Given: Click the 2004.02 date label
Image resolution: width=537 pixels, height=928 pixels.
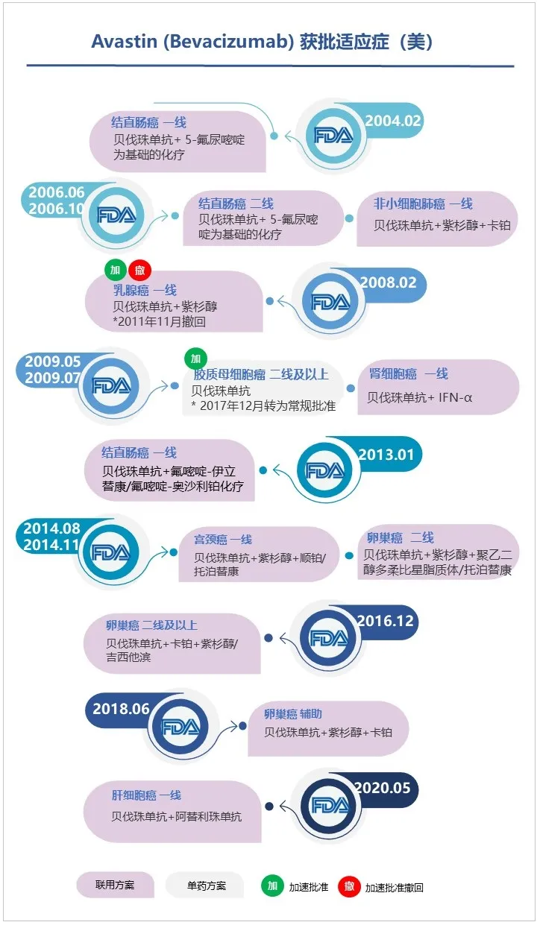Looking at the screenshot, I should (393, 121).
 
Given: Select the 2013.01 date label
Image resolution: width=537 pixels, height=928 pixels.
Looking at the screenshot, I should (386, 455).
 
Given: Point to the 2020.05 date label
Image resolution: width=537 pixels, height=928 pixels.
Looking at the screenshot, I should (382, 788).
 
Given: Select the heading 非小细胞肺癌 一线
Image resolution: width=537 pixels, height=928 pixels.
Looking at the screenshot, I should (423, 203).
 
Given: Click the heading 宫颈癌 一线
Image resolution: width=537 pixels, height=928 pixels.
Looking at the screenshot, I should (223, 539).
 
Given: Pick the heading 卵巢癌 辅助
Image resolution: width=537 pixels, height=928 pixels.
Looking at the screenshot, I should (293, 713).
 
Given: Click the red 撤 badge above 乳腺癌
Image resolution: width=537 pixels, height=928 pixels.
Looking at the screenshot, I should (139, 269).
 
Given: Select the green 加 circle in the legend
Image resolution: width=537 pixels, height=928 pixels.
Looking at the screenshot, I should (272, 886).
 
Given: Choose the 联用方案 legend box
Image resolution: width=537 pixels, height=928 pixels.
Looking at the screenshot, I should (115, 886).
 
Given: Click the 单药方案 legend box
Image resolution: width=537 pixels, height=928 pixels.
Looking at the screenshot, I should (205, 886).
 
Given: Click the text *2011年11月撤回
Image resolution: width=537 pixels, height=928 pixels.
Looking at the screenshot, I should (159, 322).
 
